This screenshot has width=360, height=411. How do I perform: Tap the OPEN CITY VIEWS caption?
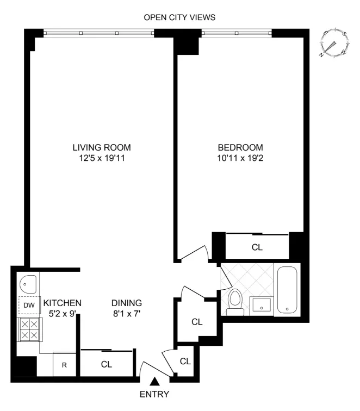[179, 17]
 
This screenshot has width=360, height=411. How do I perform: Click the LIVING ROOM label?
[102, 147]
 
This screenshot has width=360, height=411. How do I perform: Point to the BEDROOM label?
[240, 147]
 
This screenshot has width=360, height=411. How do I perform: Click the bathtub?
[288, 290]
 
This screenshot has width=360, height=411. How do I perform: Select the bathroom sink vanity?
[262, 307]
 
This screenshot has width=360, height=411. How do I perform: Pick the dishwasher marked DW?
[28, 306]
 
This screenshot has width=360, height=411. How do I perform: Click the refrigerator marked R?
[64, 364]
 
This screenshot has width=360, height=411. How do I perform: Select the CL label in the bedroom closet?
[257, 247]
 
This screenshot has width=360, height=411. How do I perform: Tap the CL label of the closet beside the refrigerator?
[107, 364]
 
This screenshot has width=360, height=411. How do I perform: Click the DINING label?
[127, 303]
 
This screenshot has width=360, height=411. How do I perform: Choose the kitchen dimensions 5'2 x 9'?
[62, 313]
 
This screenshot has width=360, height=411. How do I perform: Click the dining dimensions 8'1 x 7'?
[127, 313]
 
